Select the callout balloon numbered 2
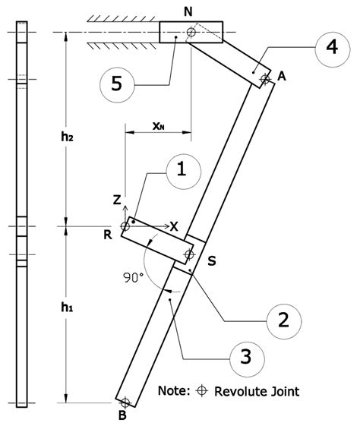pyautogui.click(x=283, y=320)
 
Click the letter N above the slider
pyautogui.click(x=188, y=11)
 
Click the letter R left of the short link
pyautogui.click(x=109, y=234)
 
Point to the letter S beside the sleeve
pyautogui.click(x=213, y=261)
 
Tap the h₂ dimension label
pyautogui.click(x=68, y=137)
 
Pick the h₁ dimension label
pyautogui.click(x=68, y=308)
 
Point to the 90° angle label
pyautogui.click(x=134, y=278)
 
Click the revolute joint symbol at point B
pyautogui.click(x=125, y=402)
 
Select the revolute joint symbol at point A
pyautogui.click(x=264, y=79)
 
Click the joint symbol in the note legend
pyautogui.click(x=202, y=392)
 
